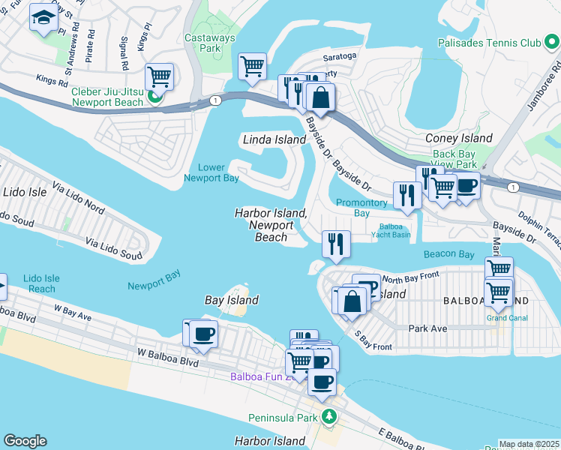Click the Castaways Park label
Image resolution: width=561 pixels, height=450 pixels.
[210, 43]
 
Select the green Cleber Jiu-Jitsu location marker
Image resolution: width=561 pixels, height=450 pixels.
[156, 97]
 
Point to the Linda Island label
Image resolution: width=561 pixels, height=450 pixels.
[274, 139]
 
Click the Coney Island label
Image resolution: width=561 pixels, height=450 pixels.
[459, 138]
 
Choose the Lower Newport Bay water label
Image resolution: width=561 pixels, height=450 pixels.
[211, 172]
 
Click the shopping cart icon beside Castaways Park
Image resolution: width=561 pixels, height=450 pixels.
[253, 66]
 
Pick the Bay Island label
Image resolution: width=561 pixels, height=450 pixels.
[232, 300]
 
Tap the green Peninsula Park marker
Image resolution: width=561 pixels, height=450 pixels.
[327, 416]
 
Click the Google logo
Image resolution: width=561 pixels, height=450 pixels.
[25, 441]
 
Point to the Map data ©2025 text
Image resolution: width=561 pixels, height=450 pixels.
[529, 444]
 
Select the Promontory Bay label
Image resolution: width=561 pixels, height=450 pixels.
[361, 208]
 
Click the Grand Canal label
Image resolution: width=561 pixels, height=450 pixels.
[507, 318]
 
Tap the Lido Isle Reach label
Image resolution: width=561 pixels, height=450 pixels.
[42, 283]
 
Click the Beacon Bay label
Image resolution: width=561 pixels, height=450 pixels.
[449, 255]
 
